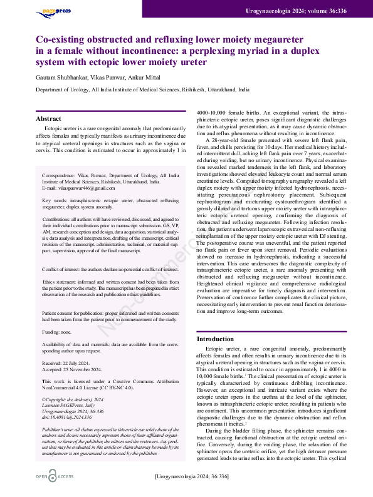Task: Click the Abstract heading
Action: coord(48,118)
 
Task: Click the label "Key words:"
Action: coord(55,201)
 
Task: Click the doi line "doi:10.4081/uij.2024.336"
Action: coord(71,416)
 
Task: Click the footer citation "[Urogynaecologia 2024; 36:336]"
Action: coord(191,477)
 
